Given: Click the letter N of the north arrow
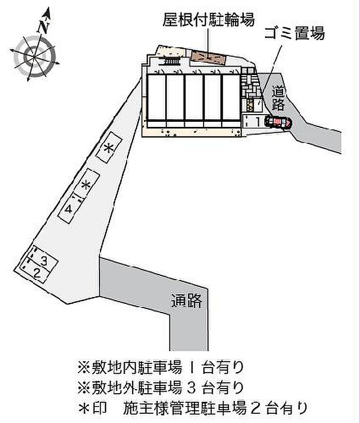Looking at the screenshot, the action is tap(43, 27).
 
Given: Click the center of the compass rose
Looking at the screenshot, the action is tap(34, 57).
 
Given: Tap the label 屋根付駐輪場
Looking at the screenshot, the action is tap(209, 20).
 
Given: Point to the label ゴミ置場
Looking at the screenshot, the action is tap(294, 33).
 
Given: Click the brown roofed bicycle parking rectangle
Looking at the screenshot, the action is tap(208, 58).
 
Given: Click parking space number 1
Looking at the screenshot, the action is tap(254, 121).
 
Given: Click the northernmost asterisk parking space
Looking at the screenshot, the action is tap(109, 148).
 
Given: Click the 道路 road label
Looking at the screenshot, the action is tap(278, 98).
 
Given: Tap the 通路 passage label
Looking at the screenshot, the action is tap(187, 301).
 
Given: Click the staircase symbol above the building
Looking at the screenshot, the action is tap(169, 62).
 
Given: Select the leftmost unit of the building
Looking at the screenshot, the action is tap(156, 97).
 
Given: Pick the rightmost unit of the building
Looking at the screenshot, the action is tap(231, 97).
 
